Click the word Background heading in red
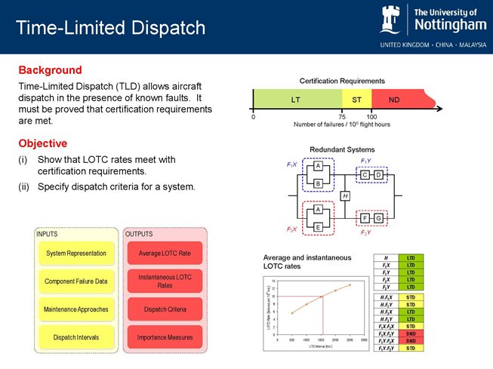(x=50, y=69)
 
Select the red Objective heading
(x=43, y=143)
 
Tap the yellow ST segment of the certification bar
(x=356, y=99)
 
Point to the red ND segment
(x=394, y=99)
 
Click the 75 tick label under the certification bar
(x=342, y=117)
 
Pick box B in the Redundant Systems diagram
(x=319, y=183)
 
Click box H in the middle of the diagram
(x=345, y=196)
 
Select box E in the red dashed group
(x=319, y=226)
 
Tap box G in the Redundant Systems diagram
(x=379, y=218)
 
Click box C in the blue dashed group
(x=365, y=175)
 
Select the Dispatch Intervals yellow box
(x=76, y=337)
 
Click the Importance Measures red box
(x=165, y=337)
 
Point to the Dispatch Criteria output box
(x=165, y=309)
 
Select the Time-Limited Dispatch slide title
(x=110, y=28)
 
